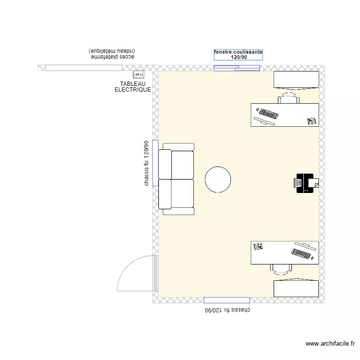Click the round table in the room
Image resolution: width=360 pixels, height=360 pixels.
pos(218,180)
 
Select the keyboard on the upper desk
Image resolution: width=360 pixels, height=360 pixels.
pos(267,115)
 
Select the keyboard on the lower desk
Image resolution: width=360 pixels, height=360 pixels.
pos(302,253)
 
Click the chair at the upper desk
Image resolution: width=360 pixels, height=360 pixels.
pos(288,98)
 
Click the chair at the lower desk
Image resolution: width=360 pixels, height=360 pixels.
pos(281,269)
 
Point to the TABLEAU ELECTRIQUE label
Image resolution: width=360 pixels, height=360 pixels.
pos(133,87)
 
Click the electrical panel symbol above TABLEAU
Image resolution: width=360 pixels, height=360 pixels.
pos(138,74)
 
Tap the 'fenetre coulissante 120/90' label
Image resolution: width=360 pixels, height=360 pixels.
pos(238,55)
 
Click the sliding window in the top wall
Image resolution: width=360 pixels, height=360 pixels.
pos(237,68)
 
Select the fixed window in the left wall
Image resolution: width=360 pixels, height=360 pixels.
pos(155,163)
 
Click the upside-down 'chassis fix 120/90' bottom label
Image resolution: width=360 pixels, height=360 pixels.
pos(228,310)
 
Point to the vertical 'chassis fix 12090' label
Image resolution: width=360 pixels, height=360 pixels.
pos(146,163)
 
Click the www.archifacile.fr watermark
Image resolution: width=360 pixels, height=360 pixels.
pos(331,344)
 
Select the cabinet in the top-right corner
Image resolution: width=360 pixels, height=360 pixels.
pos(296,80)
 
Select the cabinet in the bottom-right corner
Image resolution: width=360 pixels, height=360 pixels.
pos(296,288)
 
